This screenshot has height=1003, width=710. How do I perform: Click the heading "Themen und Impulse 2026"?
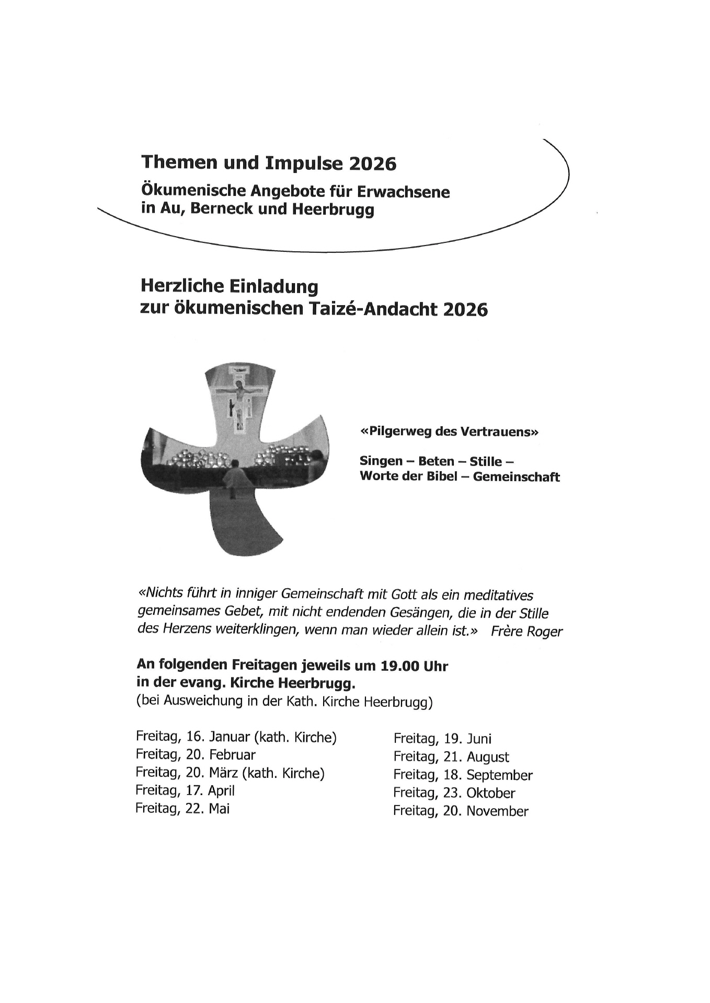tap(269, 164)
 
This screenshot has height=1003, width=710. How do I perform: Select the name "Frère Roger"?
tap(526, 632)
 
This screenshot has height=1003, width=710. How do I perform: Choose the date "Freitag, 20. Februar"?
tap(196, 755)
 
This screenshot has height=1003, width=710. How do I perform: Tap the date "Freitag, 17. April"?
tap(185, 791)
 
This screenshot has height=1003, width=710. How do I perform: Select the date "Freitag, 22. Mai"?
tap(182, 809)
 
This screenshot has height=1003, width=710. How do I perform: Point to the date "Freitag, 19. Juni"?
tap(442, 739)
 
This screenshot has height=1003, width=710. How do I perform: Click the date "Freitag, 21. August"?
tap(451, 757)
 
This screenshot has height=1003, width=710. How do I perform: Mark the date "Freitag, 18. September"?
tap(463, 775)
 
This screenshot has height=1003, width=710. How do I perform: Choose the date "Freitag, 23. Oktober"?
tap(454, 793)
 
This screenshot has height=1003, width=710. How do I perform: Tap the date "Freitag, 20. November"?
tap(461, 811)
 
